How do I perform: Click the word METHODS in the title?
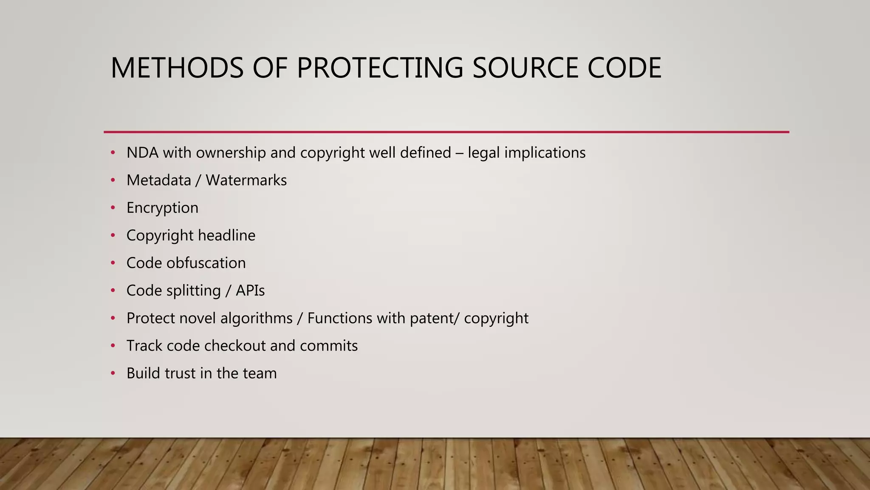[x=177, y=68]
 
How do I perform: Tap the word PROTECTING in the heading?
[x=380, y=68]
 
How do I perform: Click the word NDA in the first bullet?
[x=142, y=152]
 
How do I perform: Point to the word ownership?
[x=231, y=152]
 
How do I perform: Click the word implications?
[x=545, y=152]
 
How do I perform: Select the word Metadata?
[x=159, y=180]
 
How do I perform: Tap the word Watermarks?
[x=246, y=180]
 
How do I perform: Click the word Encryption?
[x=162, y=208]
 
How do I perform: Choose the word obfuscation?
[x=206, y=263]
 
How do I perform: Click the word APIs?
[x=250, y=291]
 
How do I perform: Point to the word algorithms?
[x=257, y=318]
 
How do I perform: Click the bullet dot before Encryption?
[x=113, y=208]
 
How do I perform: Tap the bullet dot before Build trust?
[x=113, y=373]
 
